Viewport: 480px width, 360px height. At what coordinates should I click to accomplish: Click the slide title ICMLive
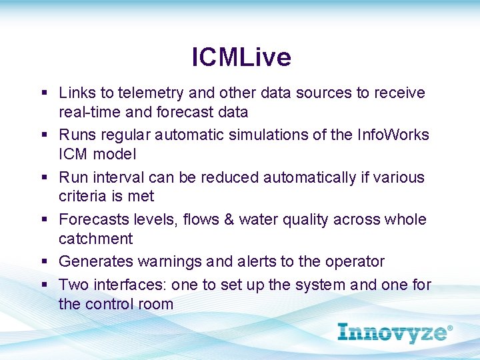pos(241,57)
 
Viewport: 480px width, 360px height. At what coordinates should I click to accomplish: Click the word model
pos(115,154)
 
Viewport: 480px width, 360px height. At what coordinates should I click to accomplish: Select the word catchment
pos(95,239)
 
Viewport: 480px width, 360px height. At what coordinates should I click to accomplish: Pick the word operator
pos(353,262)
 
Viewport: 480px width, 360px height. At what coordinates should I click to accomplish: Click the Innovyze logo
pos(395,332)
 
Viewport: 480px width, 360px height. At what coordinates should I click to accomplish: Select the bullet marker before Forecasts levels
pos(43,220)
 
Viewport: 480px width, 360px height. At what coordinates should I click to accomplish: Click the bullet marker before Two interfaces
pos(43,285)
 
